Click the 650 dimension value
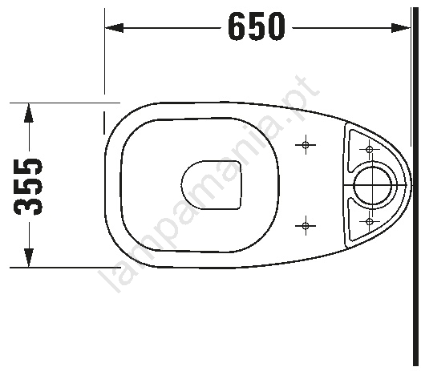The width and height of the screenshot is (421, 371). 256,26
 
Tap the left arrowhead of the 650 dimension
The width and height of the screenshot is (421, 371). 114,27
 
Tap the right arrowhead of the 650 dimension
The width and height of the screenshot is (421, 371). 401,27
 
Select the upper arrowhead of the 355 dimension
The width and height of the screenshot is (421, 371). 29,113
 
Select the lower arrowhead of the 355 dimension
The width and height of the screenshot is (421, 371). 29,257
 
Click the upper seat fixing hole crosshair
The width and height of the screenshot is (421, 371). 306,145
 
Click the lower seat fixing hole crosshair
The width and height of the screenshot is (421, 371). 306,226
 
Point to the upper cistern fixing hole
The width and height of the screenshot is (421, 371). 370,149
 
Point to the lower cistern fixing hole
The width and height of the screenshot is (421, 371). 370,221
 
